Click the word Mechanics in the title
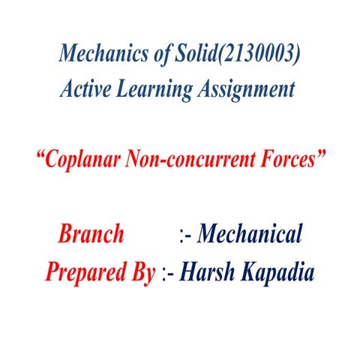coord(97,54)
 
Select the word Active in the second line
coord(84,90)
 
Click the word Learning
coord(147,90)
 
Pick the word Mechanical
coord(250,235)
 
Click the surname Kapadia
coord(276,271)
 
